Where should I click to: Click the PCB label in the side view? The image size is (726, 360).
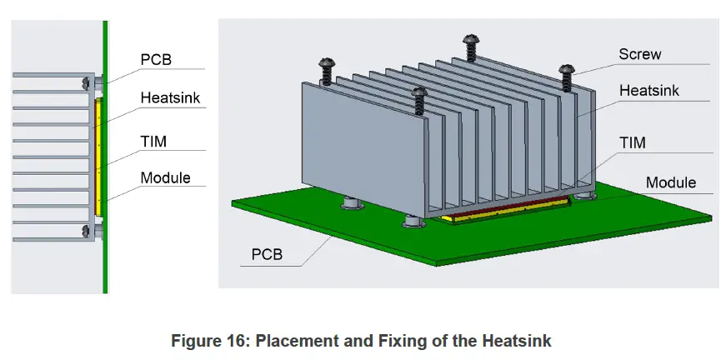coord(156,60)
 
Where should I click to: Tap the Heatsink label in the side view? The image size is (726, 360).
coord(170,97)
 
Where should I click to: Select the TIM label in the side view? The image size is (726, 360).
coord(153,141)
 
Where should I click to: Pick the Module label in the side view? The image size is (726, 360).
coord(165,177)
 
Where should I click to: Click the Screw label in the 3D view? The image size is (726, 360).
coord(640,54)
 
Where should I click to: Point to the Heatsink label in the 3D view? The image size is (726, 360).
coord(649,90)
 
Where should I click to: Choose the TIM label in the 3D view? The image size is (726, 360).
coord(632,142)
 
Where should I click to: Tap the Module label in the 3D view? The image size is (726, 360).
coord(671,182)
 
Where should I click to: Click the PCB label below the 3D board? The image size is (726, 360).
coord(267,254)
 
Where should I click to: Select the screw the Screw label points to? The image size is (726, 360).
coord(566,77)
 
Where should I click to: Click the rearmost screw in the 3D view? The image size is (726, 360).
coord(471,47)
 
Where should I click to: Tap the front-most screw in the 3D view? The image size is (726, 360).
coord(419,100)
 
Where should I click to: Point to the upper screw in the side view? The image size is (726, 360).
coord(85,84)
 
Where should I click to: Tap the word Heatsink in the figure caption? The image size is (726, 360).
coord(517,341)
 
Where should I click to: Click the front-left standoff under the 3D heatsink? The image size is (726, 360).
coord(414,221)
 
